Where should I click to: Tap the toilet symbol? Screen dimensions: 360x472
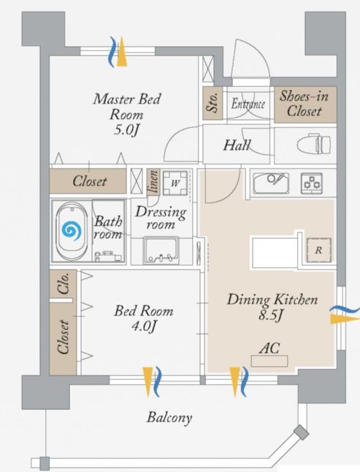[x=314, y=145]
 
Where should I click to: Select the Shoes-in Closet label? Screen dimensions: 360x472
[x=304, y=104]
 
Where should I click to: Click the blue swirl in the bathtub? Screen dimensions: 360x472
[x=72, y=231]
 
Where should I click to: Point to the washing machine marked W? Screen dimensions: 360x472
[x=175, y=183]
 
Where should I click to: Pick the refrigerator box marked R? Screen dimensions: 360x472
[x=319, y=250]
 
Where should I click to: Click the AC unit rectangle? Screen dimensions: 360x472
[x=269, y=361]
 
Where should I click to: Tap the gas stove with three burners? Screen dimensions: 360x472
[x=312, y=183]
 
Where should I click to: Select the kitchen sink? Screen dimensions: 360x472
[x=271, y=183]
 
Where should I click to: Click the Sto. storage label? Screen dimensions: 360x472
[x=212, y=102]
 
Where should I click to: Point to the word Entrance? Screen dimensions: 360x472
[x=248, y=104]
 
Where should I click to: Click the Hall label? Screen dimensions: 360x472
[x=237, y=145]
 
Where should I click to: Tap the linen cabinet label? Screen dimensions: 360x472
[x=153, y=182]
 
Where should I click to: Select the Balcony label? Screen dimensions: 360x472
[x=169, y=418]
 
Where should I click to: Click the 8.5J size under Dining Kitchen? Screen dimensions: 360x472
[x=271, y=316]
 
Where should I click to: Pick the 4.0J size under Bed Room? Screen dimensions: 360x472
[x=144, y=327]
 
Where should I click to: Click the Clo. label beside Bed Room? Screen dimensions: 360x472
[x=64, y=283]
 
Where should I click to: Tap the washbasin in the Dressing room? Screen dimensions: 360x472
[x=162, y=251]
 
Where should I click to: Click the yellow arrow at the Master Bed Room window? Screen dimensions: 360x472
[x=121, y=51]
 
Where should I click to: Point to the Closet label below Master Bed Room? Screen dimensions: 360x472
[x=90, y=181]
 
